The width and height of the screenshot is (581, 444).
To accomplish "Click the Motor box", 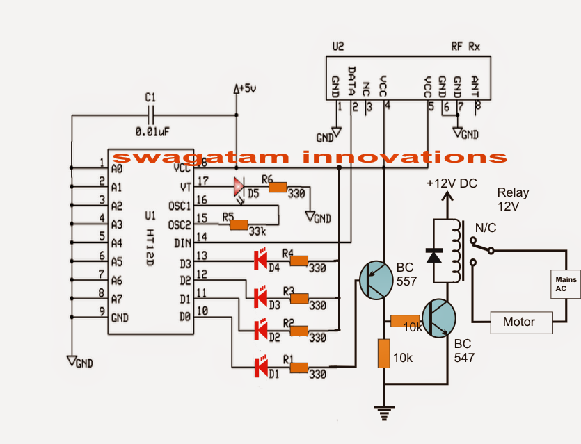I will (x=519, y=322).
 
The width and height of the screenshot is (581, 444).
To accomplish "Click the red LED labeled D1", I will (x=262, y=363).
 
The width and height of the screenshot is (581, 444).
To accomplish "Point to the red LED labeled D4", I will (x=262, y=260).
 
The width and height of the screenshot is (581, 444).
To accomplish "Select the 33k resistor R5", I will (x=238, y=224).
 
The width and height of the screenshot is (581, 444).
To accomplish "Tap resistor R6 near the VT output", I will (x=278, y=186).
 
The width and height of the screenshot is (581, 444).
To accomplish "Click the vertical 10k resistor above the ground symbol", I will (x=383, y=353).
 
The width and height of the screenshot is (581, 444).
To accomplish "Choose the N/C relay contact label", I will (x=485, y=228).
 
